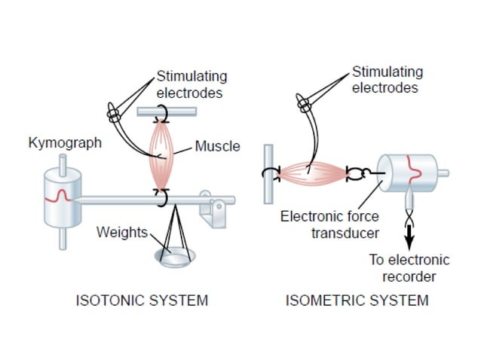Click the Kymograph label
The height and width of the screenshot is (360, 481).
pyautogui.click(x=65, y=142)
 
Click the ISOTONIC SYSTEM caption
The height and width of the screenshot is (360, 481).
pyautogui.click(x=142, y=301)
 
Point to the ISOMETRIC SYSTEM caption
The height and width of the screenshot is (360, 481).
pyautogui.click(x=357, y=301)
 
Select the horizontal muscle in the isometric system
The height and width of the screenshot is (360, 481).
pyautogui.click(x=311, y=174)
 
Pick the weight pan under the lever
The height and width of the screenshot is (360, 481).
pyautogui.click(x=176, y=257)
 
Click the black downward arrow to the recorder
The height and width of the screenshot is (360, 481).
pyautogui.click(x=409, y=238)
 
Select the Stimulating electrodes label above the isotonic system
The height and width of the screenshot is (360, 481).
pyautogui.click(x=191, y=85)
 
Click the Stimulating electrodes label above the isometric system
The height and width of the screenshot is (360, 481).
pyautogui.click(x=387, y=80)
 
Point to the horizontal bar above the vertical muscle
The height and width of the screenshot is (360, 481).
pyautogui.click(x=167, y=111)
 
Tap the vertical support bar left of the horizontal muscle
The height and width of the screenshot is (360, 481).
pyautogui.click(x=268, y=174)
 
